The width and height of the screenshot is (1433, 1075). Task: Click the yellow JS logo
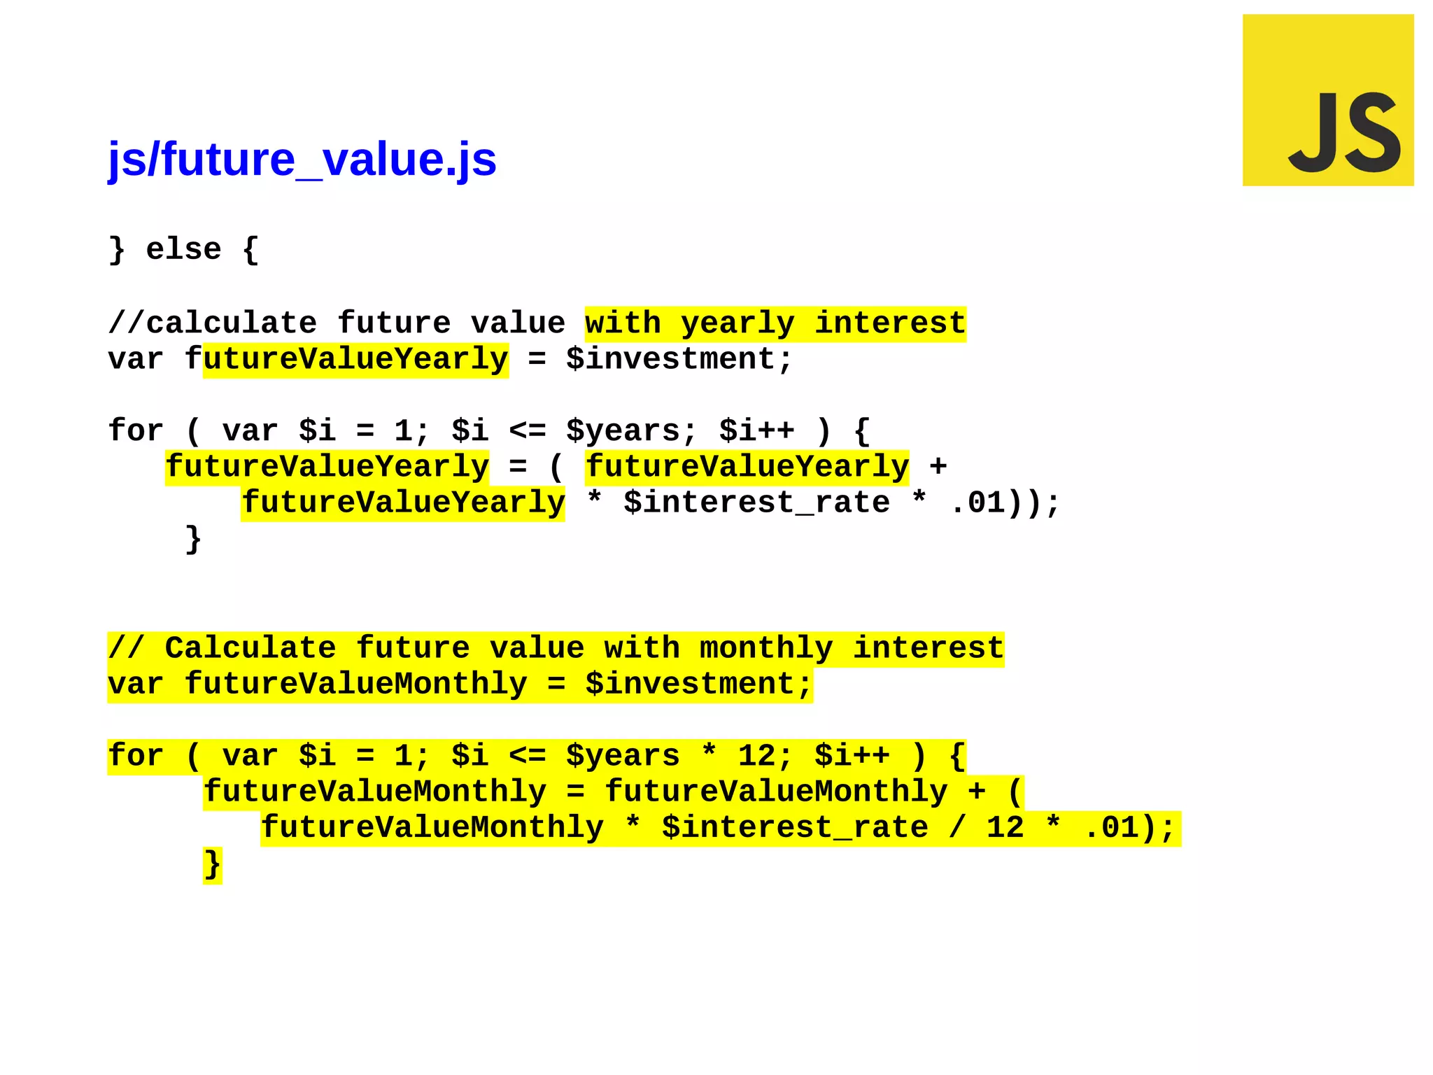[x=1327, y=100]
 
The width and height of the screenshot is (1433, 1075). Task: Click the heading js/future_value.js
[x=302, y=160]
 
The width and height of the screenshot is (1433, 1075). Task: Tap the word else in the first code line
[x=183, y=250]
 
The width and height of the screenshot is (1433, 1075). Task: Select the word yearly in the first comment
[x=737, y=324]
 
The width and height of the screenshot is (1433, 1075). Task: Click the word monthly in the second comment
[x=766, y=649]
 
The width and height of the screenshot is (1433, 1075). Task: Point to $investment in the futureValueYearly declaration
[x=679, y=360]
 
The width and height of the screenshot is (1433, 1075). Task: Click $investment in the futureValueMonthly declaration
[x=698, y=684]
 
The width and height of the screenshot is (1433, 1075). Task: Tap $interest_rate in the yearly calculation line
[x=756, y=503]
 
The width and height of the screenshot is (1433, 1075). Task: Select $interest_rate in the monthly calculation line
[x=795, y=828]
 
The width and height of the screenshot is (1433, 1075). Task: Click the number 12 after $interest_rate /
[x=1005, y=828]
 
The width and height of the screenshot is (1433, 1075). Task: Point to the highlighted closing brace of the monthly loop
[x=212, y=865]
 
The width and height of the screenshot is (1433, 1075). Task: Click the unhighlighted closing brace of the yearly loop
[x=193, y=540]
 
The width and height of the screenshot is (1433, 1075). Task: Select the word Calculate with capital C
[x=250, y=649]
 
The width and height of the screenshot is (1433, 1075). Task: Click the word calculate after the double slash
[x=231, y=324]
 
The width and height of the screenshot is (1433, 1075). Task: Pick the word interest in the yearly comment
[x=889, y=324]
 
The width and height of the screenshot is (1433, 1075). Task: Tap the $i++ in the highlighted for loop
[x=852, y=757]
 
